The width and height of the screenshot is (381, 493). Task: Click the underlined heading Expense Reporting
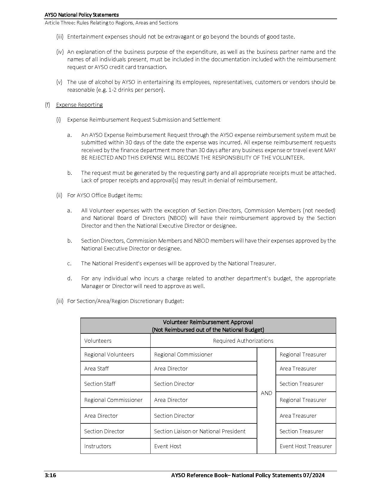click(79, 105)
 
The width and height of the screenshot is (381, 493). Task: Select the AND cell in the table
click(266, 393)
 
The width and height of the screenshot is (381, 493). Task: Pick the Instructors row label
click(97, 446)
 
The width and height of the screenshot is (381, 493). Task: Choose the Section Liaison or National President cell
click(200, 431)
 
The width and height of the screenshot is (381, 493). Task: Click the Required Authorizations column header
click(243, 341)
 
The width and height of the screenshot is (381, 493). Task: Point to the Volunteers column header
click(98, 341)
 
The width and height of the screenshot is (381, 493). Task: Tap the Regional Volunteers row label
click(109, 354)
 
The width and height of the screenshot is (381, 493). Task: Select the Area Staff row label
click(96, 368)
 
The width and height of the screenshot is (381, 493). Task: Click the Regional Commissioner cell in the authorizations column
click(183, 354)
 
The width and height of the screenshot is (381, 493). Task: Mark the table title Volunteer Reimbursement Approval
click(208, 322)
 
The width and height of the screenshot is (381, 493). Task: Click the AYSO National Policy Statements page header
click(82, 15)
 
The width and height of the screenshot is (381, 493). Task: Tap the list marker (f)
click(47, 105)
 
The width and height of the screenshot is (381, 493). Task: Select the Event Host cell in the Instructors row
click(168, 446)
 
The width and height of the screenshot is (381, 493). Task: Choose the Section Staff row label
click(100, 384)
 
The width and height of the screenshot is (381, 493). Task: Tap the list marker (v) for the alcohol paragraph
click(59, 82)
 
